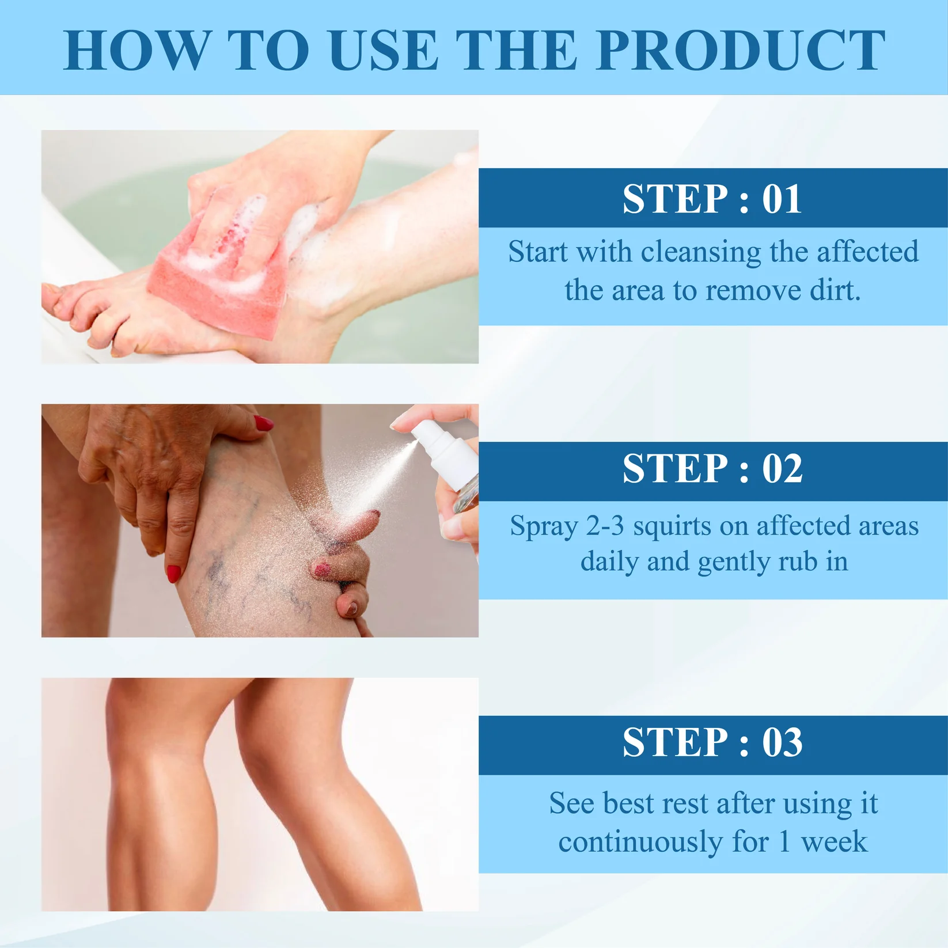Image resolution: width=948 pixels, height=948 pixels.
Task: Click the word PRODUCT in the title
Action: coord(741,51)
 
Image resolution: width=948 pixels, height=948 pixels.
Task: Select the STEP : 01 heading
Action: coord(712,199)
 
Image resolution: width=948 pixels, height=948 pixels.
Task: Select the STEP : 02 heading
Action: coord(712,468)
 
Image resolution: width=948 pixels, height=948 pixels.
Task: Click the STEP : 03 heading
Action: coord(712,742)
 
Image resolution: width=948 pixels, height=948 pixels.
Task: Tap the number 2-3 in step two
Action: coord(605,526)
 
